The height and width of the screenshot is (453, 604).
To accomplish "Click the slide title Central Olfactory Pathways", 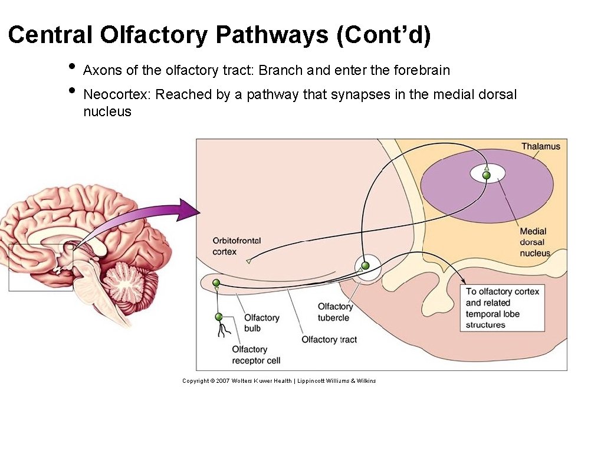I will [219, 35].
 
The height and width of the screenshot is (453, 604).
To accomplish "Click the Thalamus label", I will [540, 146].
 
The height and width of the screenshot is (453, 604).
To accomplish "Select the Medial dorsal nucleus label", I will [534, 242].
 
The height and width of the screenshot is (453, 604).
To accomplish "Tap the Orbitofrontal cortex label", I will [237, 247].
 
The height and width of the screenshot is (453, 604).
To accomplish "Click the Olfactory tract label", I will [329, 340].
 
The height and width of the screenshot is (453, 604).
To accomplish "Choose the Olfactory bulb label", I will [261, 323].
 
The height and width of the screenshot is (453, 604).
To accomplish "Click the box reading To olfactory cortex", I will [502, 308].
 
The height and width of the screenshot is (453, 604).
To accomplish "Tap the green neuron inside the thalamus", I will [486, 175].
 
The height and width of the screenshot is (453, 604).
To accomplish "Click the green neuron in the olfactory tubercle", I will [365, 266].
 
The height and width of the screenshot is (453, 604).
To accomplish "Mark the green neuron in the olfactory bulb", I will [216, 284].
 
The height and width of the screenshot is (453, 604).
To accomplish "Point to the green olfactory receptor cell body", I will [219, 317].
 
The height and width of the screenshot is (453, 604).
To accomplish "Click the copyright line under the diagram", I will [279, 381].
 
